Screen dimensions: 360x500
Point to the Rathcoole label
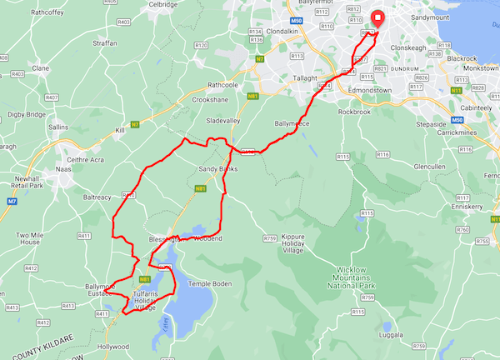[227, 84]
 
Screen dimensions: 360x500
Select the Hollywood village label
[113, 346]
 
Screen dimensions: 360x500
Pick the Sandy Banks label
[217, 169]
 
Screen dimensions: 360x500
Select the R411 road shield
[84, 237]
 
